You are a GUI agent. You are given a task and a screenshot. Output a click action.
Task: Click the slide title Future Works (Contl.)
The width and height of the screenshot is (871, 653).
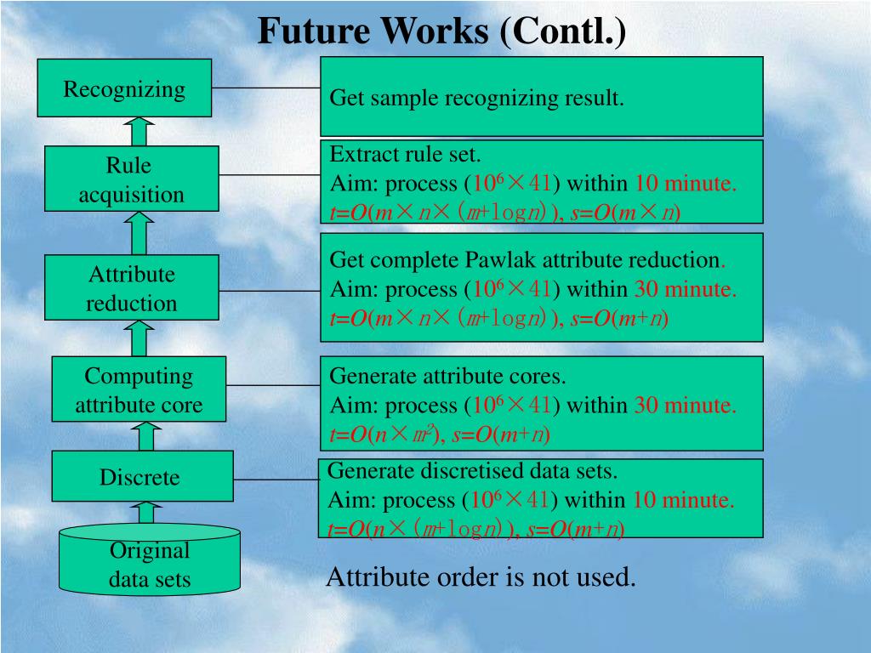(x=441, y=31)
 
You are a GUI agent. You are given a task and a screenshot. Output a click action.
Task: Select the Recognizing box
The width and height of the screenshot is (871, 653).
(x=124, y=88)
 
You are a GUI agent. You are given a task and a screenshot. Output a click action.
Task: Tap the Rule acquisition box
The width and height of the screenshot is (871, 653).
(x=131, y=180)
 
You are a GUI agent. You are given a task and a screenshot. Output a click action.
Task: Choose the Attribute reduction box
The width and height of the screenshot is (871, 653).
(x=131, y=288)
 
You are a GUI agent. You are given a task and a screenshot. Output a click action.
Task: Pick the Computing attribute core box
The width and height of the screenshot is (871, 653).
(x=139, y=390)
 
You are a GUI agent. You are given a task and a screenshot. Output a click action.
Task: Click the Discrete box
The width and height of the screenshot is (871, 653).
(x=139, y=477)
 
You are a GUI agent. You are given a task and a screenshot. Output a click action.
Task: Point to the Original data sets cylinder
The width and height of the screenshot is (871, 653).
(x=149, y=561)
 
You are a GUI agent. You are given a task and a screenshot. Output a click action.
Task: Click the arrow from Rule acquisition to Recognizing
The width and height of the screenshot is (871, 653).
(x=139, y=131)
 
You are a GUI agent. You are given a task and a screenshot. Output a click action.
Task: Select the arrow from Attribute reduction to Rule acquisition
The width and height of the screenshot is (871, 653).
(x=139, y=233)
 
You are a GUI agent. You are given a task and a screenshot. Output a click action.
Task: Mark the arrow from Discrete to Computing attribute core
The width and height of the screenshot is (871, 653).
(x=145, y=436)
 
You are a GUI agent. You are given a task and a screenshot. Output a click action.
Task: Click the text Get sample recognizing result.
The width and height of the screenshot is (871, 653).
(x=476, y=99)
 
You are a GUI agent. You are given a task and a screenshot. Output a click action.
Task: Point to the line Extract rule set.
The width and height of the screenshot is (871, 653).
(x=405, y=155)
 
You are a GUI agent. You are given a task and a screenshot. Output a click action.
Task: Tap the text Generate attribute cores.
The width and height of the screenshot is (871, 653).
(x=447, y=376)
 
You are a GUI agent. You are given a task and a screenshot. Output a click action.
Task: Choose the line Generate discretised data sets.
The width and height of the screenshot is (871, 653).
(x=472, y=470)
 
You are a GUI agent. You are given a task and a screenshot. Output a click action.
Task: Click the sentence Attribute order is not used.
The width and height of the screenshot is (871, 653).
(x=481, y=578)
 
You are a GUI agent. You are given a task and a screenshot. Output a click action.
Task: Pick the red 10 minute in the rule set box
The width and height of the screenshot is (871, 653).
(x=686, y=184)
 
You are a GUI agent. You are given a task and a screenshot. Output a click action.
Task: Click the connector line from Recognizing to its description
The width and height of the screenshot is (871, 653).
(x=265, y=88)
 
